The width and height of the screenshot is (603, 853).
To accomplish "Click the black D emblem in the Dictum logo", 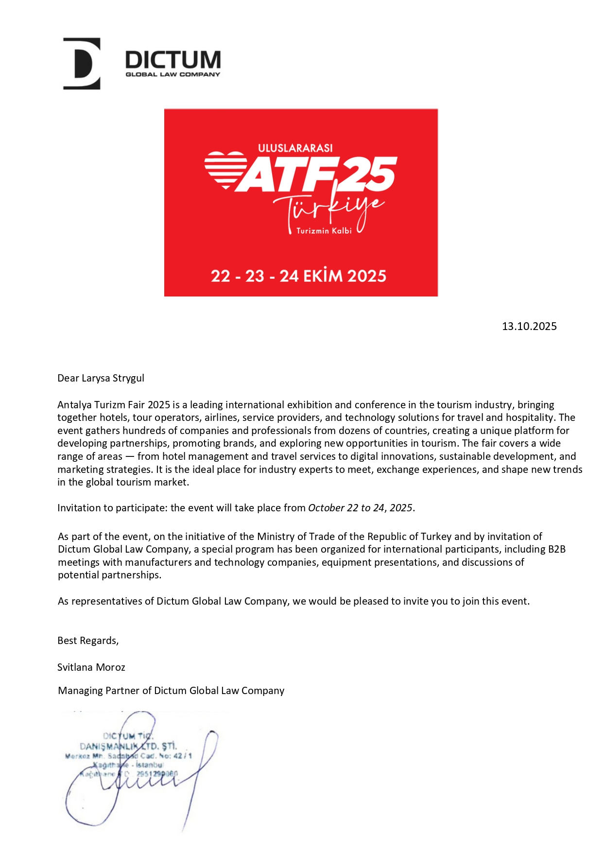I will (82, 64).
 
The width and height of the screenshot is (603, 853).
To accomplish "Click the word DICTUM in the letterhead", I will (172, 60).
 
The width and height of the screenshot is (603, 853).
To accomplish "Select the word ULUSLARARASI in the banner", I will (295, 148).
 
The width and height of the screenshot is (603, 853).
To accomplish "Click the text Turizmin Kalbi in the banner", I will (324, 231).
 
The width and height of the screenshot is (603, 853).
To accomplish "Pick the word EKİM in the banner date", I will (324, 276).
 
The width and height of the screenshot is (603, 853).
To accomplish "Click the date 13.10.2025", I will (529, 326).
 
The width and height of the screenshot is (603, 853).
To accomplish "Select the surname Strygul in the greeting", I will (128, 378).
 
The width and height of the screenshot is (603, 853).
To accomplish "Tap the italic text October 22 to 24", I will (346, 508).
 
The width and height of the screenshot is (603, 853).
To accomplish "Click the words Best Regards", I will (88, 641).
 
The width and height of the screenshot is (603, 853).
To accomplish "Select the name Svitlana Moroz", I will (91, 667).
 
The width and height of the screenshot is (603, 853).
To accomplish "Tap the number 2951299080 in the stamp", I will (157, 773).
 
